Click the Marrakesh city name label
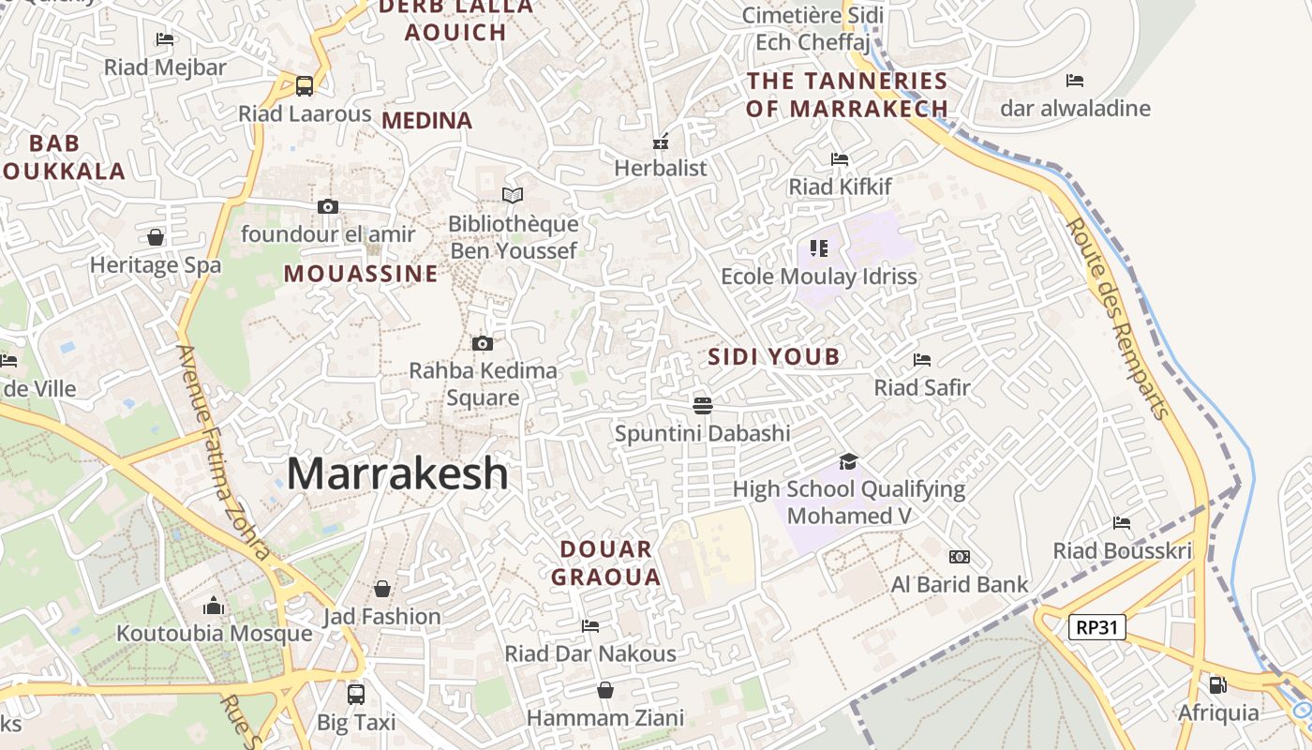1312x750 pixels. (397, 473)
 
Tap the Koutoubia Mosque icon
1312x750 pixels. (214, 606)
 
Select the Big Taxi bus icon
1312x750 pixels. (356, 695)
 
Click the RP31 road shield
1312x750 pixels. (1097, 627)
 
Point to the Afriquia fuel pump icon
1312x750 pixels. (1217, 685)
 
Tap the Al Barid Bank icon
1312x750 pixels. (959, 557)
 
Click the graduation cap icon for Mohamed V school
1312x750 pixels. (848, 461)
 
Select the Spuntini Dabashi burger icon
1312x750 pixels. (703, 405)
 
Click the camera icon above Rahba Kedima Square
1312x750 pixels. (483, 343)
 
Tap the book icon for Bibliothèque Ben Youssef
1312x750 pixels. (512, 195)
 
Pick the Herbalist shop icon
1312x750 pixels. (661, 142)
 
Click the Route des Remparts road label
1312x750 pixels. (1119, 319)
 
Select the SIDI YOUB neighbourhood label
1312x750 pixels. (774, 356)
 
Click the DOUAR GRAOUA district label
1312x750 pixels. (605, 562)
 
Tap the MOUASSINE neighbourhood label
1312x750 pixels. (361, 274)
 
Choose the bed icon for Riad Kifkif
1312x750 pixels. (840, 159)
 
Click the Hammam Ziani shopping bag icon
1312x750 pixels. (605, 691)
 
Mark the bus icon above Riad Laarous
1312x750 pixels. (305, 86)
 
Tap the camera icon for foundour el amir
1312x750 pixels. (328, 206)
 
